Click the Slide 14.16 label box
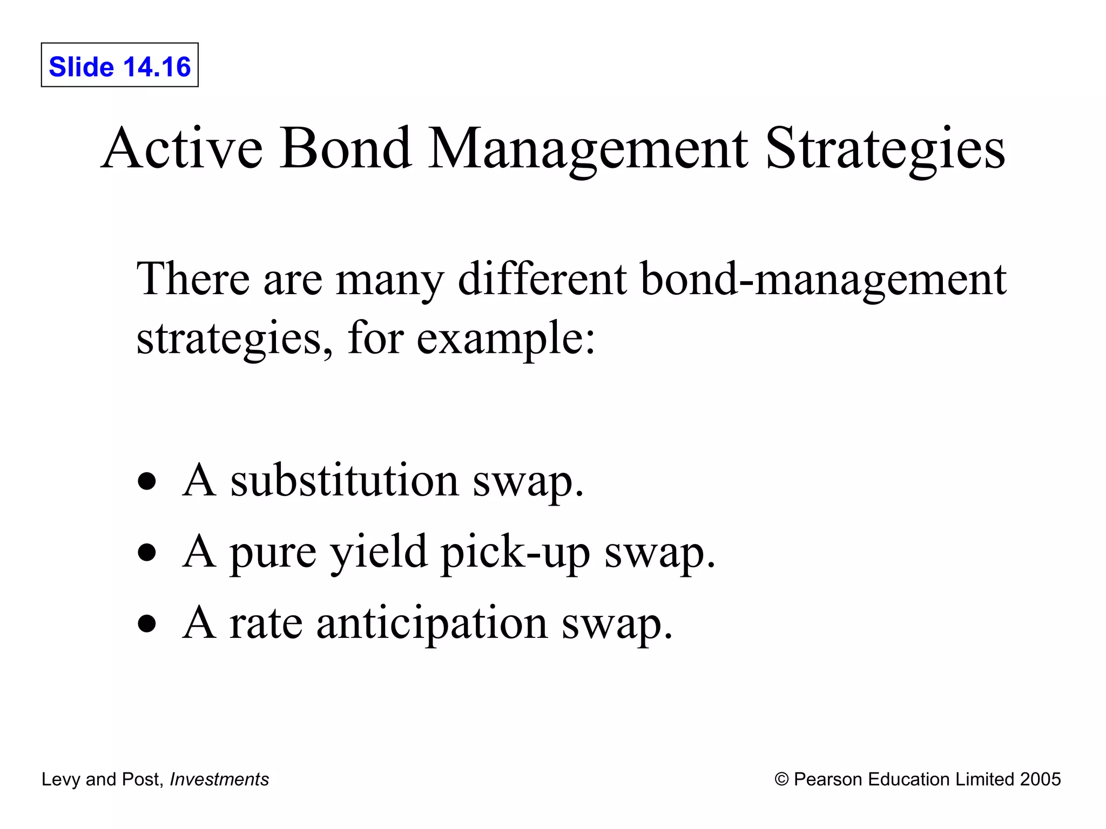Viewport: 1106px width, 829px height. (119, 65)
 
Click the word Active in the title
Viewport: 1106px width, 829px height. (182, 148)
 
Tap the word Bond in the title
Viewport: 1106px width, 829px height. (346, 148)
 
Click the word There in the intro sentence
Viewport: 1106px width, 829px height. (193, 279)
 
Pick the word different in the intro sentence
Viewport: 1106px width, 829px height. (542, 279)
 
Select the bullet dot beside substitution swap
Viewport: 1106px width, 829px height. (147, 481)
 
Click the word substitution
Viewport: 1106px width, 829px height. (345, 480)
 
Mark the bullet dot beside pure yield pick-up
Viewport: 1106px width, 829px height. (147, 553)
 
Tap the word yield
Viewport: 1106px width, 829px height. (378, 553)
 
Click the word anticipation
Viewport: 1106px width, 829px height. (431, 624)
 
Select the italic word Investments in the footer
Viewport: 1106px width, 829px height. (219, 779)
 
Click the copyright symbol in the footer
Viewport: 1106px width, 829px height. (781, 779)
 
